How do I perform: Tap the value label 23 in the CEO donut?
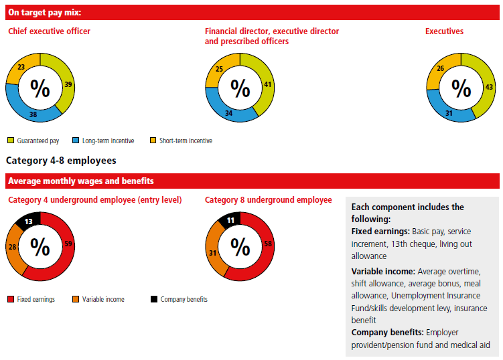(21, 67)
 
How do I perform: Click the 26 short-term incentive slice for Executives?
(441, 68)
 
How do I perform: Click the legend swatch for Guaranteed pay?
(11, 141)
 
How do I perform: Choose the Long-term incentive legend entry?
(108, 141)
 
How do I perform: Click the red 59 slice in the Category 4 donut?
(68, 244)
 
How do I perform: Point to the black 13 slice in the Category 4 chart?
(28, 221)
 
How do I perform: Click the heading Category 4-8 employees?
(61, 161)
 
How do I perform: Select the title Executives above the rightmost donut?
(444, 31)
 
